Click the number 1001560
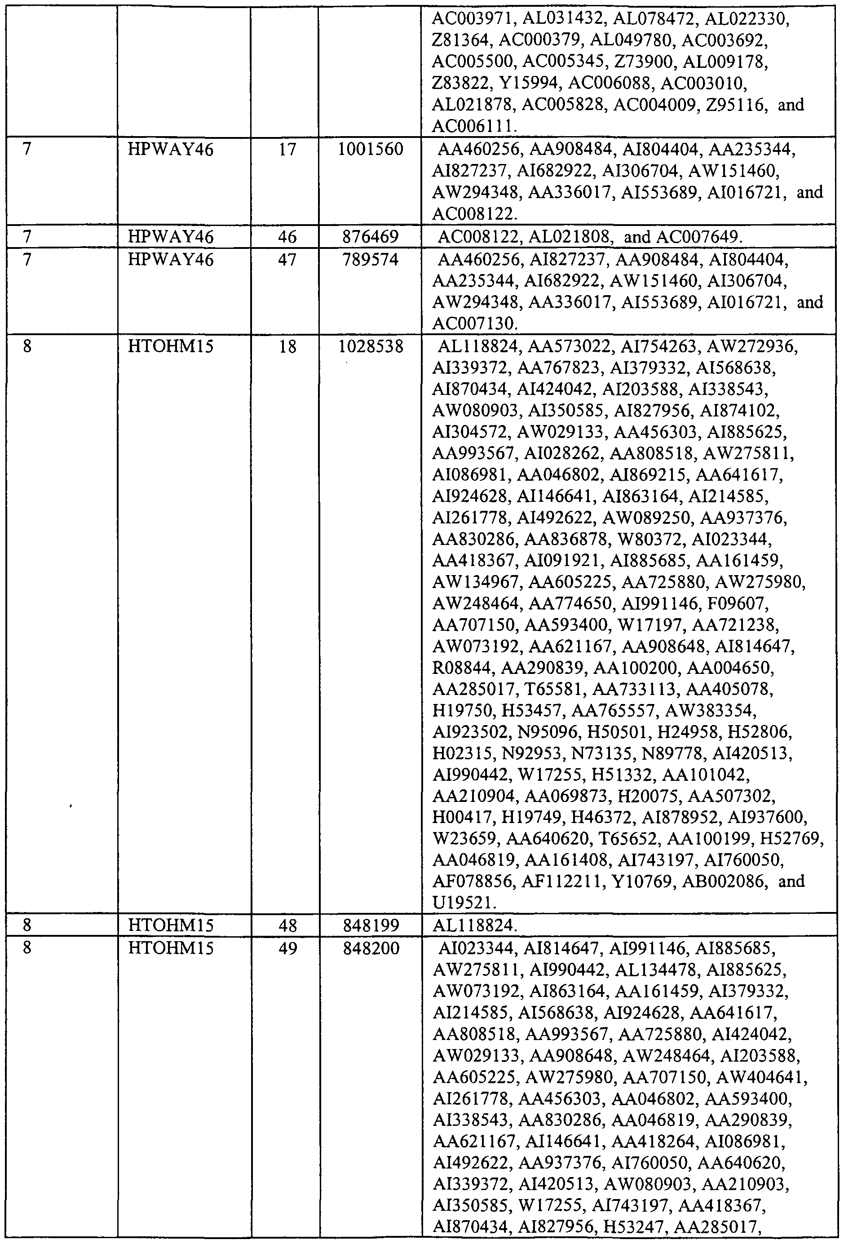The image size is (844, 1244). [x=371, y=149]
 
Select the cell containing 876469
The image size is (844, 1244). [x=371, y=237]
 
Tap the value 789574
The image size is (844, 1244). [x=371, y=260]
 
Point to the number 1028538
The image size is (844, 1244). [x=371, y=347]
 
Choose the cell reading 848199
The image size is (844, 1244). [x=371, y=925]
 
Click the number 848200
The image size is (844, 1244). [x=371, y=948]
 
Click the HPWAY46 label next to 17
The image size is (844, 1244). [x=171, y=149]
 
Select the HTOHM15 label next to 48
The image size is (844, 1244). [x=171, y=925]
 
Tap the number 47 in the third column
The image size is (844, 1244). [x=287, y=260]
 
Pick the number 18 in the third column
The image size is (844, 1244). [x=287, y=347]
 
